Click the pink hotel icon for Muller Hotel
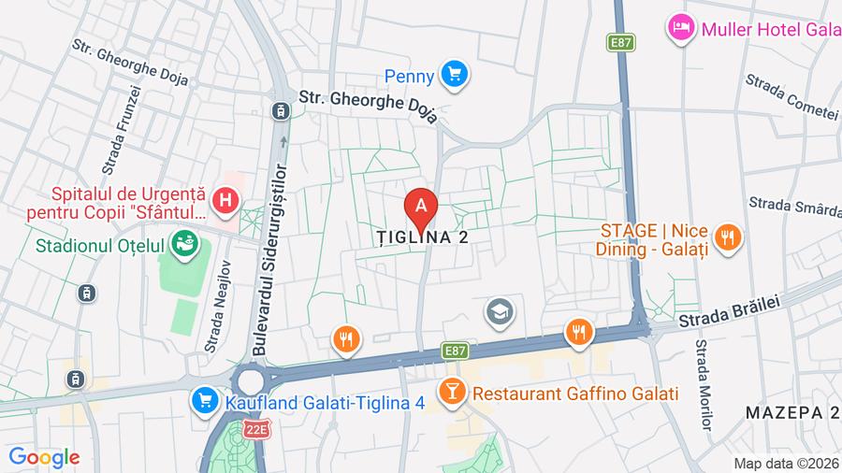pos(680,28)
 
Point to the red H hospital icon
pos(225,199)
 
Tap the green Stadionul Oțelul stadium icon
pos(186,246)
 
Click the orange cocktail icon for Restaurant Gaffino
pos(453,393)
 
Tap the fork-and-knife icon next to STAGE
pos(727,239)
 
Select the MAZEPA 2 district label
pos(791,412)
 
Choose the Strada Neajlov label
pos(218,314)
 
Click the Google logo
pos(44,457)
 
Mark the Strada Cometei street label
pos(791,99)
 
